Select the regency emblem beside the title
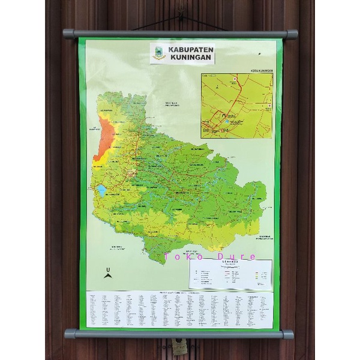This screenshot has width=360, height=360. coord(160,53)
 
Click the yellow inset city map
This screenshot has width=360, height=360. coord(236,106)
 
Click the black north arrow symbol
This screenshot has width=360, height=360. coord(108,277)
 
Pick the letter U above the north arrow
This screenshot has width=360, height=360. coord(108,268)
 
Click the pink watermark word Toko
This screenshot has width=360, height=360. coord(181,257)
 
